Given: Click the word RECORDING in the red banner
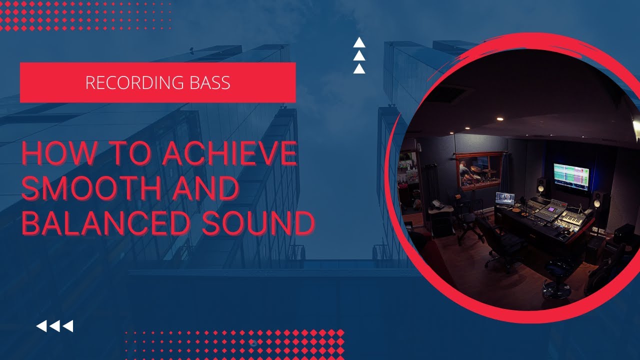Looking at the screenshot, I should click(x=130, y=82).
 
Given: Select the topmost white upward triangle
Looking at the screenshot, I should click(x=359, y=43).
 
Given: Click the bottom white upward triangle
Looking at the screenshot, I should click(x=359, y=68).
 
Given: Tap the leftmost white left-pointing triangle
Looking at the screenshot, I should click(x=42, y=326).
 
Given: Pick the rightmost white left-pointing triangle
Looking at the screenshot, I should click(x=67, y=326).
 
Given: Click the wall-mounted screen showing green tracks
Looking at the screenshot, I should click(x=571, y=176).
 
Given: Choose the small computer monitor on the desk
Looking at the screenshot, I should click(x=504, y=199).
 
